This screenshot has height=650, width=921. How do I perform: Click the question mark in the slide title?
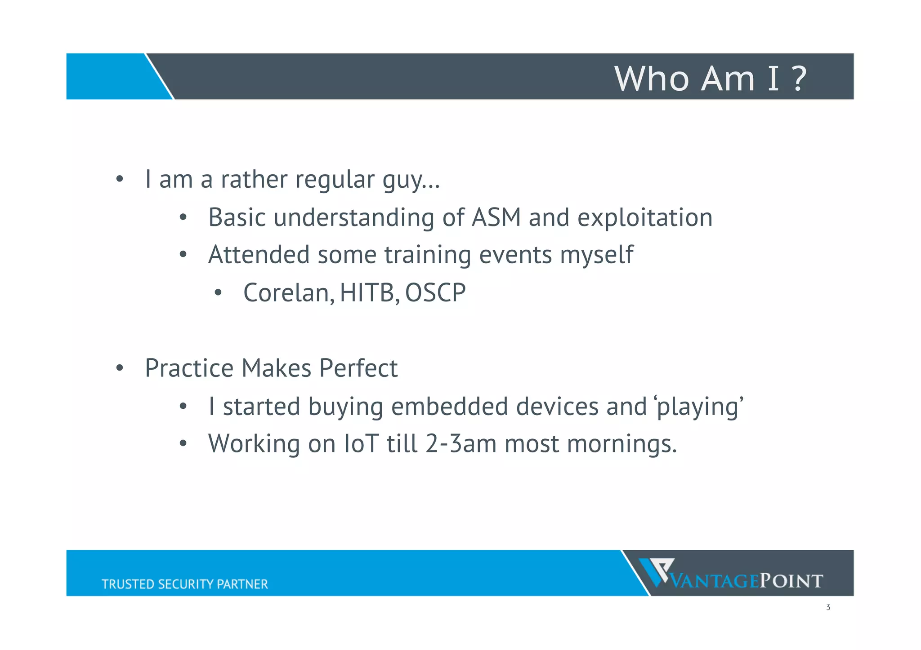799,79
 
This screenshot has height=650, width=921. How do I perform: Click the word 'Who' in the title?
652,79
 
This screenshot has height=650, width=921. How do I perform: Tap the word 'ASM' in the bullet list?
496,218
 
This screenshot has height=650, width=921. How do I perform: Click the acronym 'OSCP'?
435,293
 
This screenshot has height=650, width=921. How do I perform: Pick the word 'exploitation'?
645,218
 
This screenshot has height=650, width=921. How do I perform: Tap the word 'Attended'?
259,255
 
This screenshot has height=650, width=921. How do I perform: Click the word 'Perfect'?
358,368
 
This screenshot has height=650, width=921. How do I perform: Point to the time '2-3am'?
461,444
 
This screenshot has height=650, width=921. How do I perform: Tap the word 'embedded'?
449,407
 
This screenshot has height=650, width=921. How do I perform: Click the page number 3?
828,607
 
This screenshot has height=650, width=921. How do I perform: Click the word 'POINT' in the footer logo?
791,581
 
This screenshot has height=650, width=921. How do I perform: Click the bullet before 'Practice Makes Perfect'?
119,368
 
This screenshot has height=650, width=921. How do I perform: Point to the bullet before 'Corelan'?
218,293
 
